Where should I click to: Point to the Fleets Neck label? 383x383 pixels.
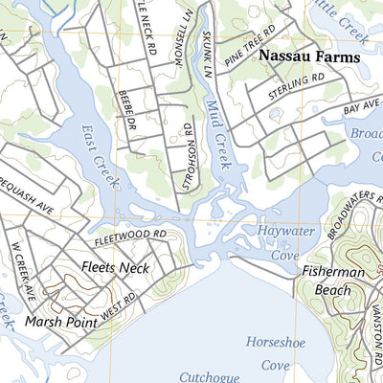coord(115,267)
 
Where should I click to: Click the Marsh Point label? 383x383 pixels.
coord(61,322)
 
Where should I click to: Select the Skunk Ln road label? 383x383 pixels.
coord(205,56)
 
